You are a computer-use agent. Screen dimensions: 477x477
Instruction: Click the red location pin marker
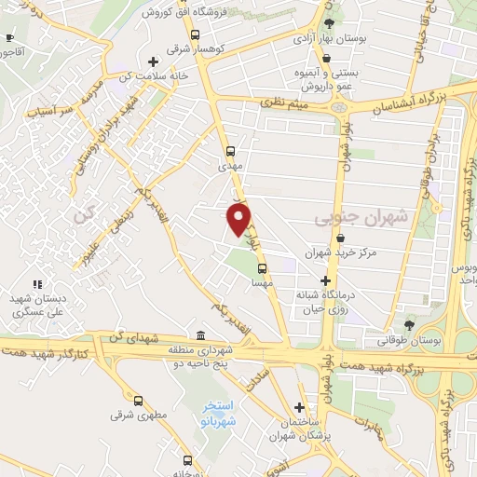pos(238,218)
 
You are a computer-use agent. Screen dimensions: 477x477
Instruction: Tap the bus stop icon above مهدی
pos(230,150)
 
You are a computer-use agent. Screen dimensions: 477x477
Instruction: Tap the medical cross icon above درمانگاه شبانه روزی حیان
pos(325,280)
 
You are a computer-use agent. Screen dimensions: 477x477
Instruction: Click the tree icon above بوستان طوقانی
pos(409,325)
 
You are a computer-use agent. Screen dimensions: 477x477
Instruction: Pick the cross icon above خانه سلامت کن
pos(153,61)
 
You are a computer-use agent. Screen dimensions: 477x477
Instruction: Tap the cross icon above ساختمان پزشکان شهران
pos(299,407)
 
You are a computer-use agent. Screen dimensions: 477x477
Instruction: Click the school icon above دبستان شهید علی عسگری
pos(37,284)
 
